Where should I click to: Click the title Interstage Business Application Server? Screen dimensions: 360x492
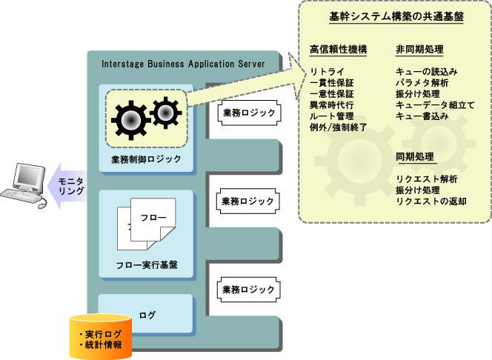[x=183, y=64]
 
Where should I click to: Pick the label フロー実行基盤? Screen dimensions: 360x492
[x=146, y=265]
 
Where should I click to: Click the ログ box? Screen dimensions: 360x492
[x=146, y=316]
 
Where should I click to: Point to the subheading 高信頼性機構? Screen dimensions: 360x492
[x=338, y=50]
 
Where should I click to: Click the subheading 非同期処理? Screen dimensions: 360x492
[x=419, y=50]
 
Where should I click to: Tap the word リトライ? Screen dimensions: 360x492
[x=326, y=72]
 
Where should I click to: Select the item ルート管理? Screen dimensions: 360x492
[x=332, y=116]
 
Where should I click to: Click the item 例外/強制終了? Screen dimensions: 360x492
[x=339, y=127]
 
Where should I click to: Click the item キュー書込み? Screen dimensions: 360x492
[x=422, y=116]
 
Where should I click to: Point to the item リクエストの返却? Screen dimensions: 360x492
[x=431, y=201]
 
